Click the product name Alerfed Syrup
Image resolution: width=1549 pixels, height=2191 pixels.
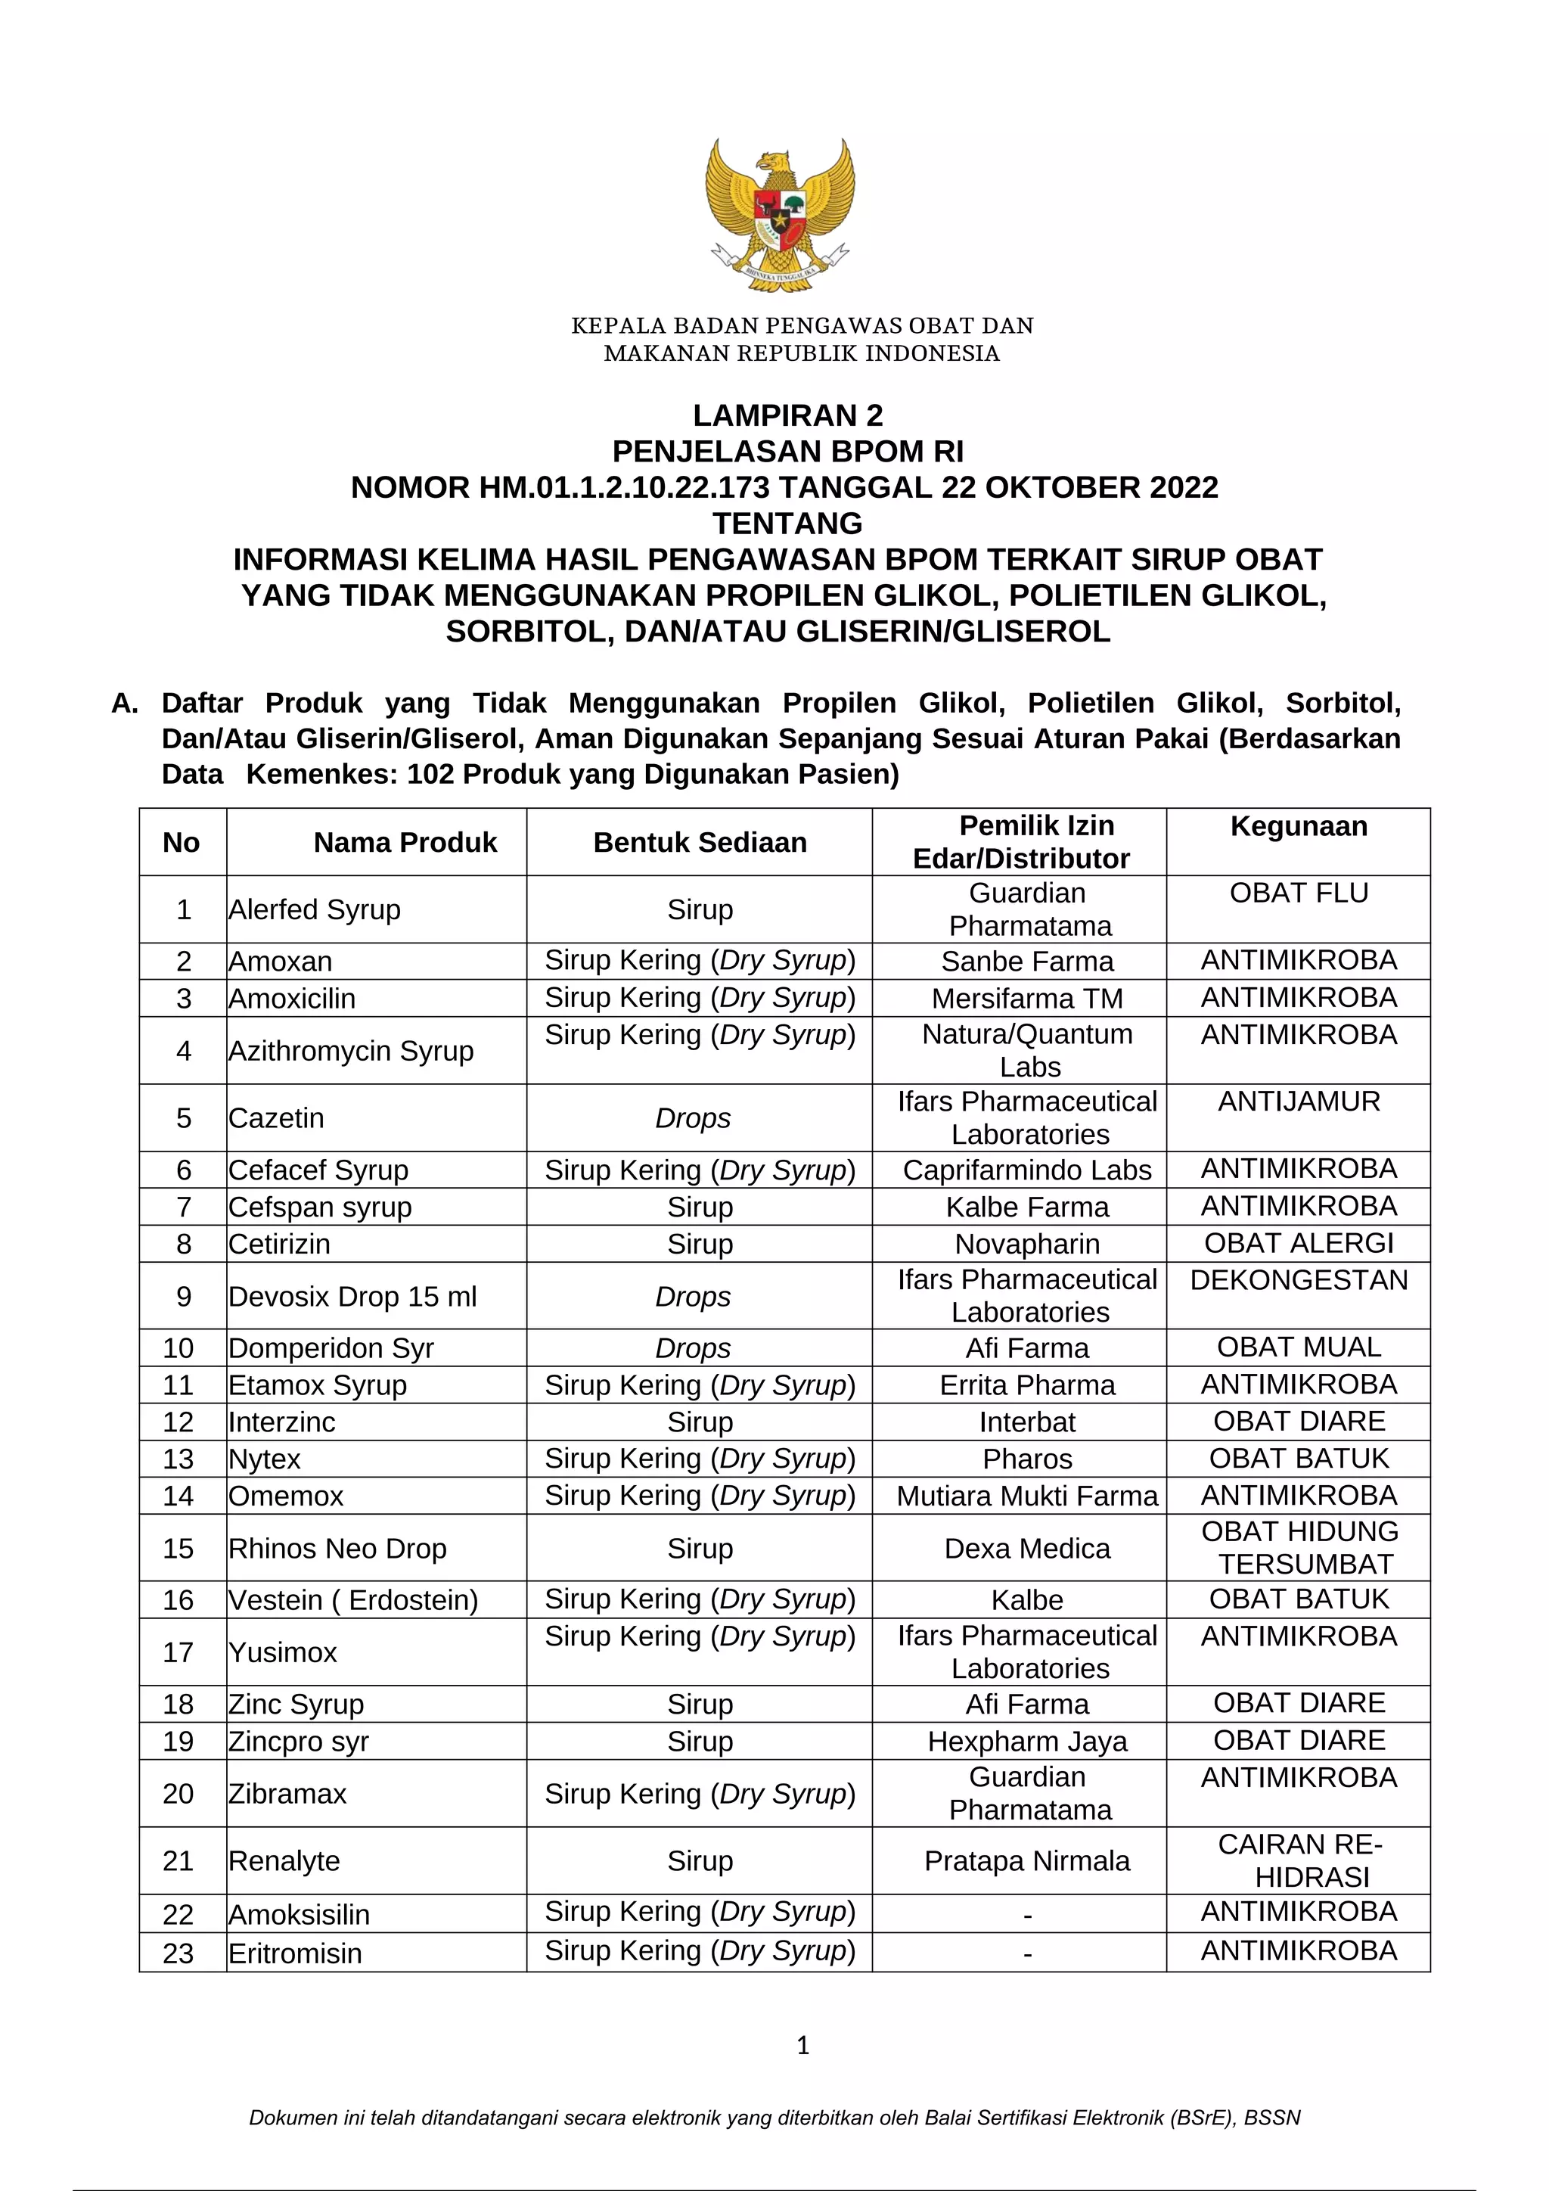[x=314, y=909]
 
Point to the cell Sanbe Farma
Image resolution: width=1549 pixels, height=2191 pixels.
[x=1027, y=961]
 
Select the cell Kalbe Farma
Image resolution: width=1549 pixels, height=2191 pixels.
[x=1027, y=1207]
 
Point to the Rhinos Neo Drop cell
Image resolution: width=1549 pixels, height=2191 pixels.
[x=337, y=1549]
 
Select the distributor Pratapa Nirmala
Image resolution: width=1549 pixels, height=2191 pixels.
[x=1027, y=1861]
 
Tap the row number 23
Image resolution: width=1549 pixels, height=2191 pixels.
[x=178, y=1953]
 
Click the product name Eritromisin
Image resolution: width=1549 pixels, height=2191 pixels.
[x=295, y=1953]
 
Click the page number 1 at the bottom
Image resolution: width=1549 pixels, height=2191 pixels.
[x=802, y=2045]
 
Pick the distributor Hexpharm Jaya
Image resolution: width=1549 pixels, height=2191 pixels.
[x=1027, y=1742]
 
